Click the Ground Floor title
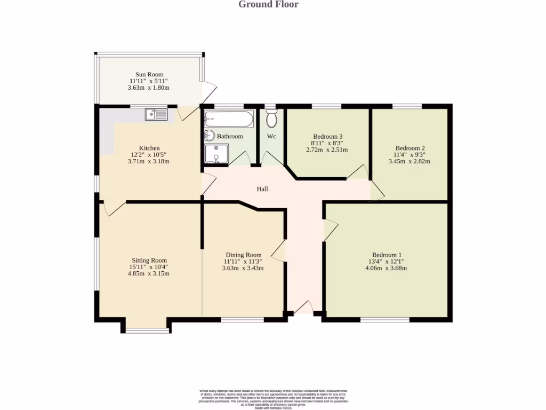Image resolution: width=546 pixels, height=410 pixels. tap(268, 5)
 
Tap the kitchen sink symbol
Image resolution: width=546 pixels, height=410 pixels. tap(156, 114)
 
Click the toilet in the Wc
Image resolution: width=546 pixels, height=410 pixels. tap(271, 119)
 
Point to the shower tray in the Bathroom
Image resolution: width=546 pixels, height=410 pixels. tap(216, 153)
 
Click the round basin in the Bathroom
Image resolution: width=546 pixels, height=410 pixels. tap(209, 136)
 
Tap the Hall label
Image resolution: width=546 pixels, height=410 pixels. tap(262, 189)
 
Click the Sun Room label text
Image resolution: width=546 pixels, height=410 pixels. tap(149, 75)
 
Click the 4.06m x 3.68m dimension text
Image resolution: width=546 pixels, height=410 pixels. tap(386, 268)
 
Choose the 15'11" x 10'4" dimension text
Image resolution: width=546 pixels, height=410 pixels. tap(148, 267)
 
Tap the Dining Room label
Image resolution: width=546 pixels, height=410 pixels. tap(243, 255)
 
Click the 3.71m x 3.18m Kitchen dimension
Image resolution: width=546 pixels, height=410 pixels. tap(149, 161)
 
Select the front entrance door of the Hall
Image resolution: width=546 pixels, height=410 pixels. tap(304, 308)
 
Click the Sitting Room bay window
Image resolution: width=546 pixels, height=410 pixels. tap(147, 331)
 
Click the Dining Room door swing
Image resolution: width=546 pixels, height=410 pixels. tap(278, 249)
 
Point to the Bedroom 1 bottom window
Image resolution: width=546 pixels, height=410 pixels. tap(385, 320)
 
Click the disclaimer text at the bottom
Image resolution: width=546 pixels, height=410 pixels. tap(273, 399)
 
